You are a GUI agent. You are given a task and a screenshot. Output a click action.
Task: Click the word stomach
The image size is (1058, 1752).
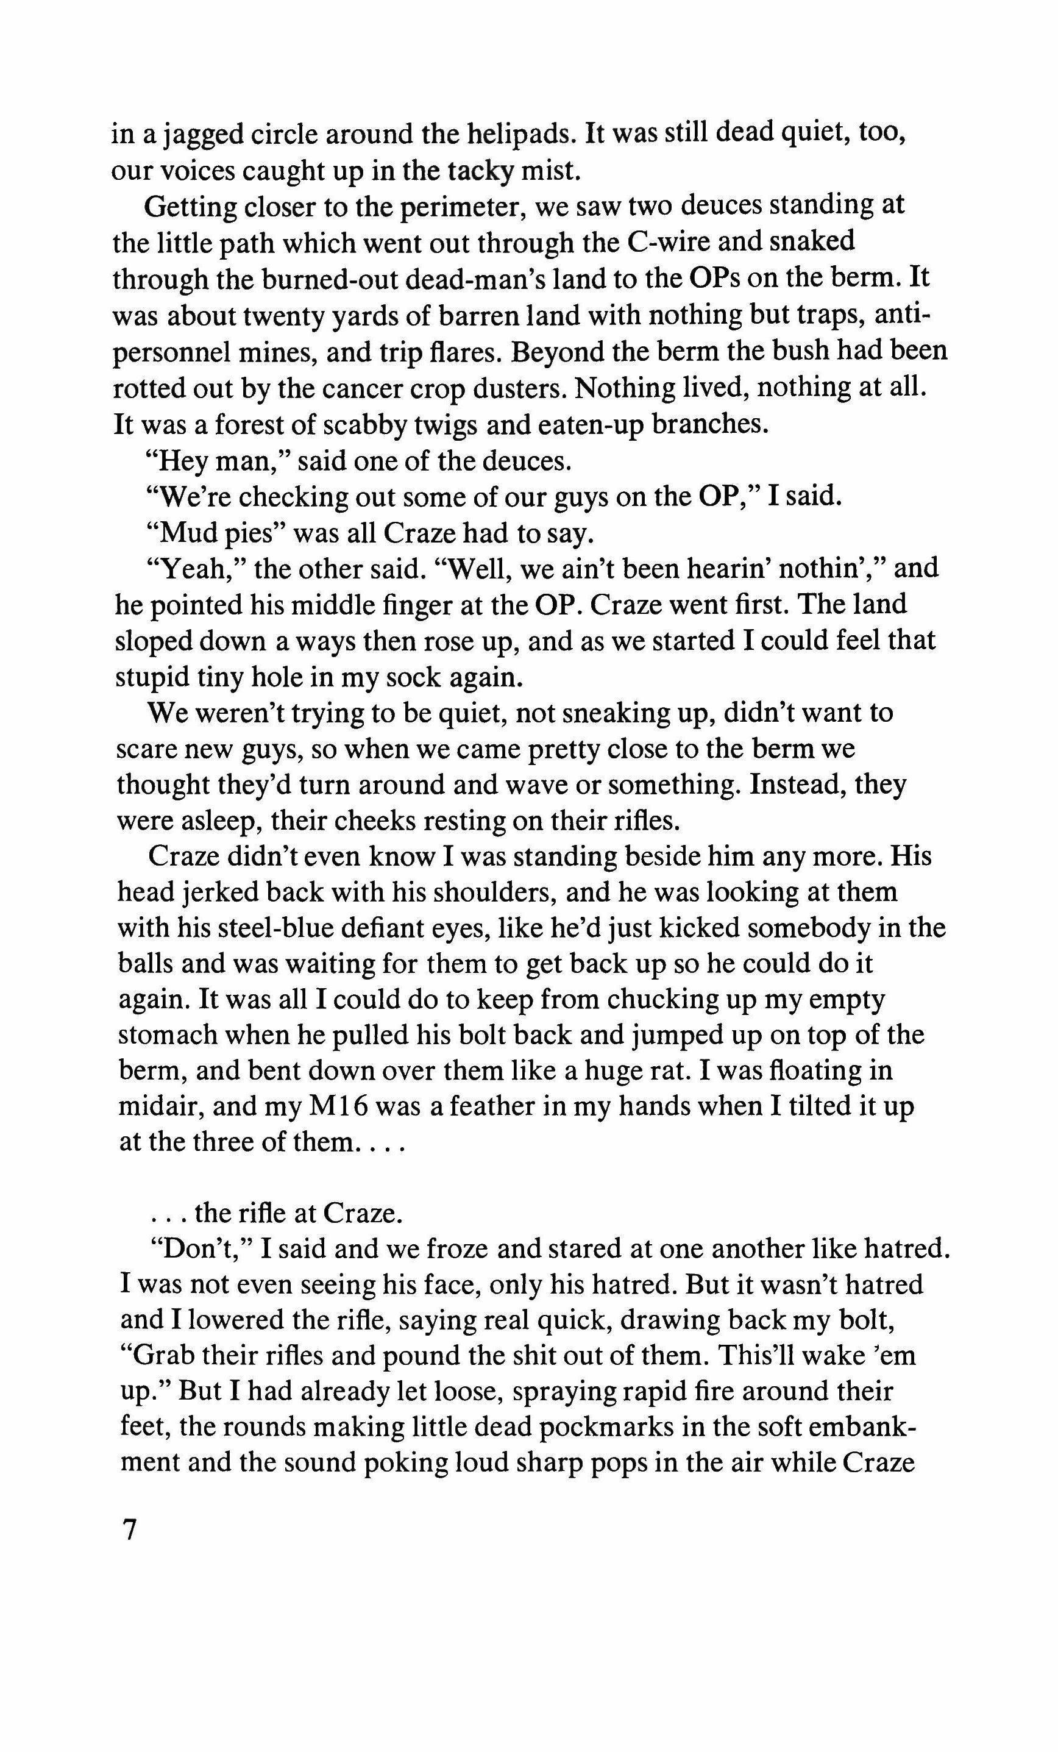coord(166,1035)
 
